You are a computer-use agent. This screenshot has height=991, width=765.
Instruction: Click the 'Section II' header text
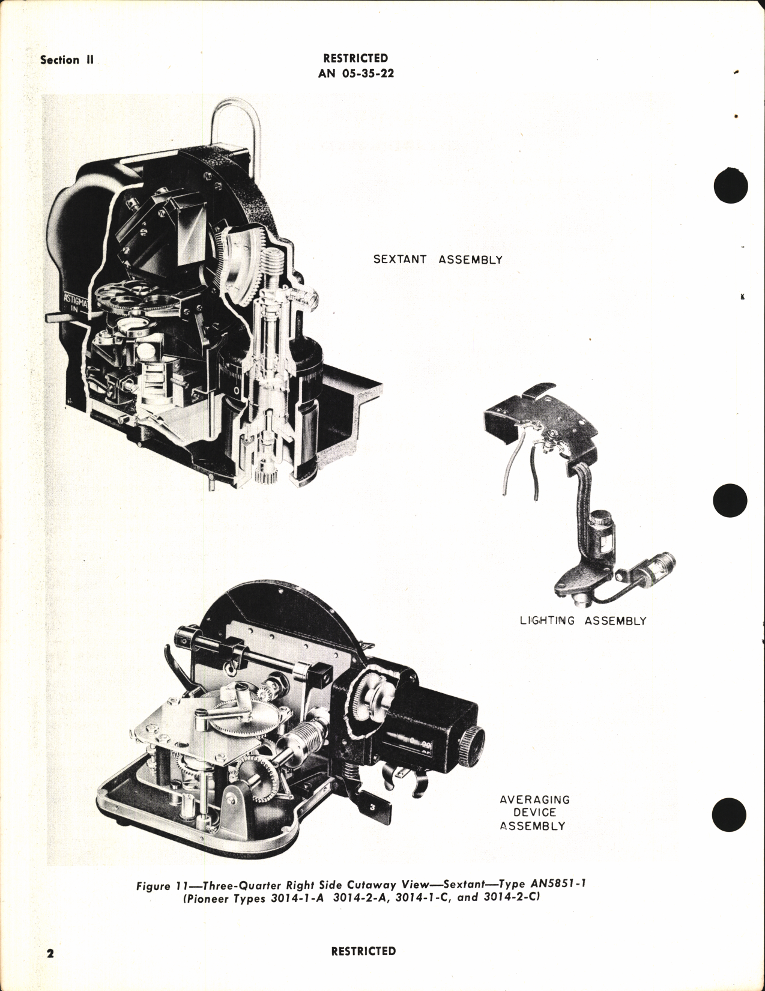pyautogui.click(x=67, y=60)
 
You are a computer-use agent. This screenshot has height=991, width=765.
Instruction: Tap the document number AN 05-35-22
pyautogui.click(x=356, y=74)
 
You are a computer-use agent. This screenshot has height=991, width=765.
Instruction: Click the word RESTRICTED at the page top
pyautogui.click(x=355, y=58)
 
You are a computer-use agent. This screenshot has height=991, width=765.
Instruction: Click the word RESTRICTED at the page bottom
pyautogui.click(x=363, y=951)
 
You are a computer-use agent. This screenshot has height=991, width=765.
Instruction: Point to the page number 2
pyautogui.click(x=50, y=953)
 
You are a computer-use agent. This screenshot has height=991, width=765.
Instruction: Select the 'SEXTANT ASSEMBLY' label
pyautogui.click(x=438, y=259)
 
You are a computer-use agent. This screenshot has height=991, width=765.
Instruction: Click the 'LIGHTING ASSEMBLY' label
pyautogui.click(x=582, y=620)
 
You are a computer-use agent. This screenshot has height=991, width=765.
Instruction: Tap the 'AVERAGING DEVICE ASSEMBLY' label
pyautogui.click(x=534, y=813)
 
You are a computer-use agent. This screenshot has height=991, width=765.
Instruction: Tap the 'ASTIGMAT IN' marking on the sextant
pyautogui.click(x=75, y=303)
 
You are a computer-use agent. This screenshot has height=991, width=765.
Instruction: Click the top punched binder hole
pyautogui.click(x=730, y=186)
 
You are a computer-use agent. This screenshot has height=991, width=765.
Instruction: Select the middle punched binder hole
pyautogui.click(x=730, y=500)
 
